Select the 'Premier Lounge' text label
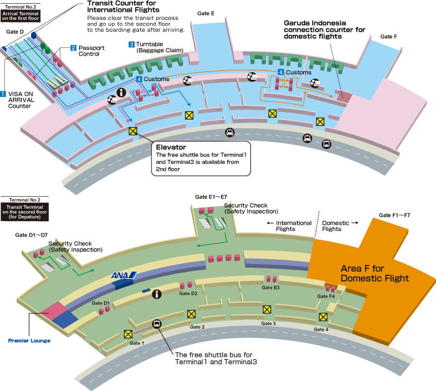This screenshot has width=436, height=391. (29, 341)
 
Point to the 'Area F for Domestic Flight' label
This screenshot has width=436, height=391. (374, 273)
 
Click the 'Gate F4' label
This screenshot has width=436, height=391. (326, 296)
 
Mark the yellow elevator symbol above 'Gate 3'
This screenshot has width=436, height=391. (267, 309)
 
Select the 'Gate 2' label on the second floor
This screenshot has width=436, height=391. (197, 327)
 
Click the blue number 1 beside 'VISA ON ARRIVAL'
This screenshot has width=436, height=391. (4, 94)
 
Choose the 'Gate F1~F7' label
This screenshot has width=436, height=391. (394, 215)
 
